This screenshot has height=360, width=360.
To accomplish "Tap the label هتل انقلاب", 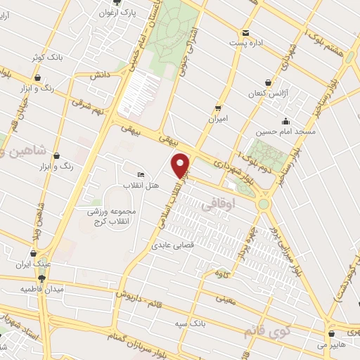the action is [143, 186].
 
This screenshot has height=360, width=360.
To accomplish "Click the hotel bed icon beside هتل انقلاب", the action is [141, 174].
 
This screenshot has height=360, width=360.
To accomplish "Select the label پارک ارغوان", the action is [117, 13].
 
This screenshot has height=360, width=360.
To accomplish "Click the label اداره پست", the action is [245, 42].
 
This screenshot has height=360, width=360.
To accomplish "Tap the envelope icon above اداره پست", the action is [245, 32].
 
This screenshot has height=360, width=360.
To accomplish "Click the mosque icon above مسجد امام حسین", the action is [285, 121].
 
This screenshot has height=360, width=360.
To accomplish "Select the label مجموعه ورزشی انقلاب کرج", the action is [112, 217].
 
